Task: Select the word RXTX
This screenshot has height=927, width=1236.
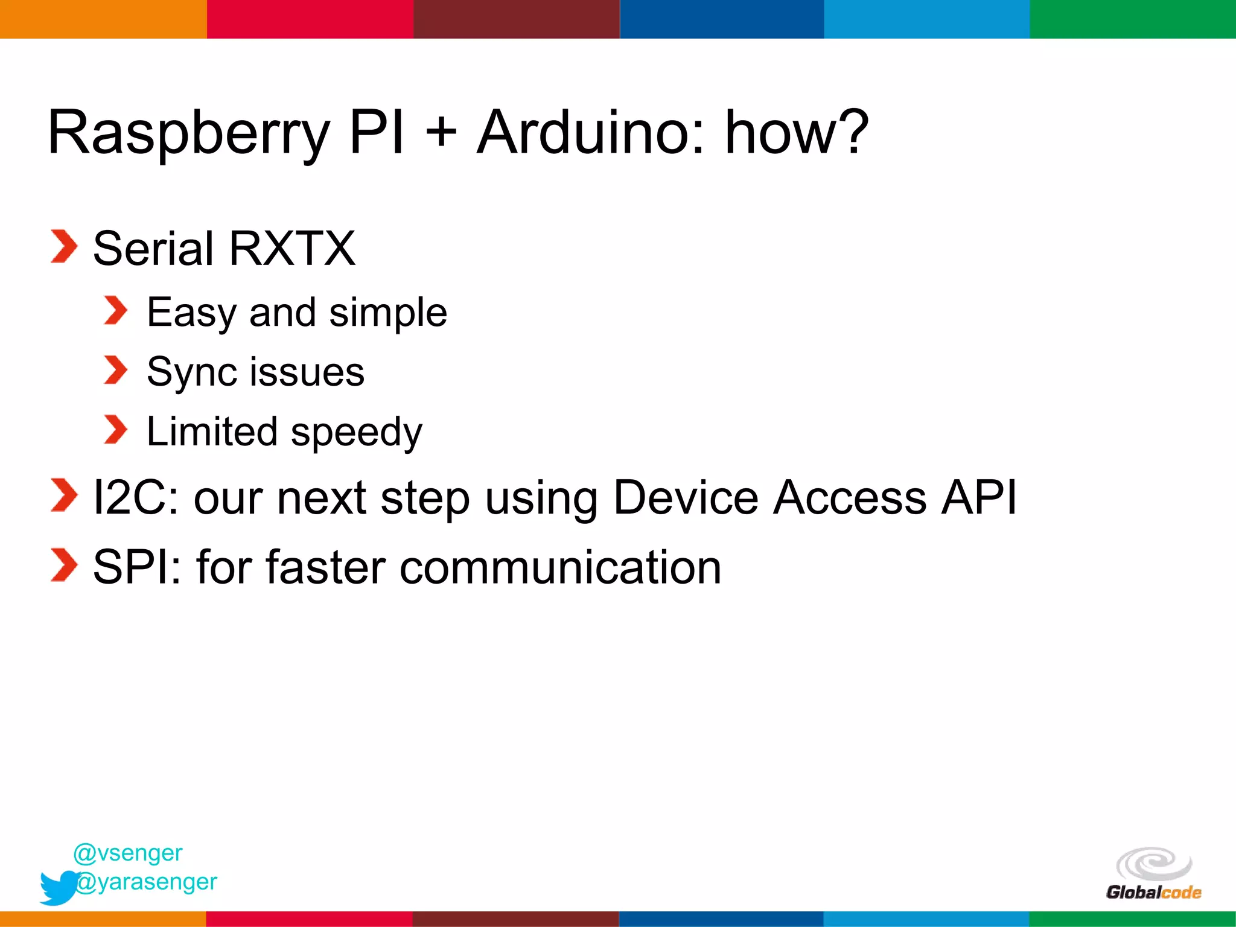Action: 292,249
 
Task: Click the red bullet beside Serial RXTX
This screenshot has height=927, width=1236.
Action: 64,247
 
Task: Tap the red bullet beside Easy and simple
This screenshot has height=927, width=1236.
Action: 116,311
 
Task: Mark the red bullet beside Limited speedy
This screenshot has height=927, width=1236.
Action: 116,430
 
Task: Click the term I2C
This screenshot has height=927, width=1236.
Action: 136,498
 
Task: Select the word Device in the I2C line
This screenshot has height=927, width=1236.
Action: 686,498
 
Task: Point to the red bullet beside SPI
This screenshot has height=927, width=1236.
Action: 64,565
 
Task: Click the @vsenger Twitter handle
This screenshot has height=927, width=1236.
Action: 128,853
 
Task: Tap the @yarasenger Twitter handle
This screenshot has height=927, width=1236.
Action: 147,882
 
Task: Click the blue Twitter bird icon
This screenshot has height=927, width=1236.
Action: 58,887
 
